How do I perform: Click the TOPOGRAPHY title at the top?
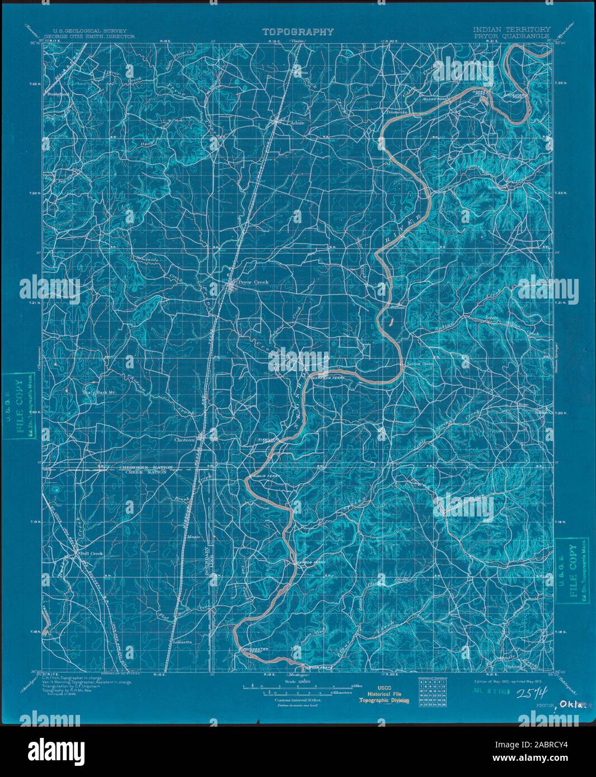(x=298, y=32)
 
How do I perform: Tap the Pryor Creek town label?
(x=254, y=282)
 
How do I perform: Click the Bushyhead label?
(x=57, y=94)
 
